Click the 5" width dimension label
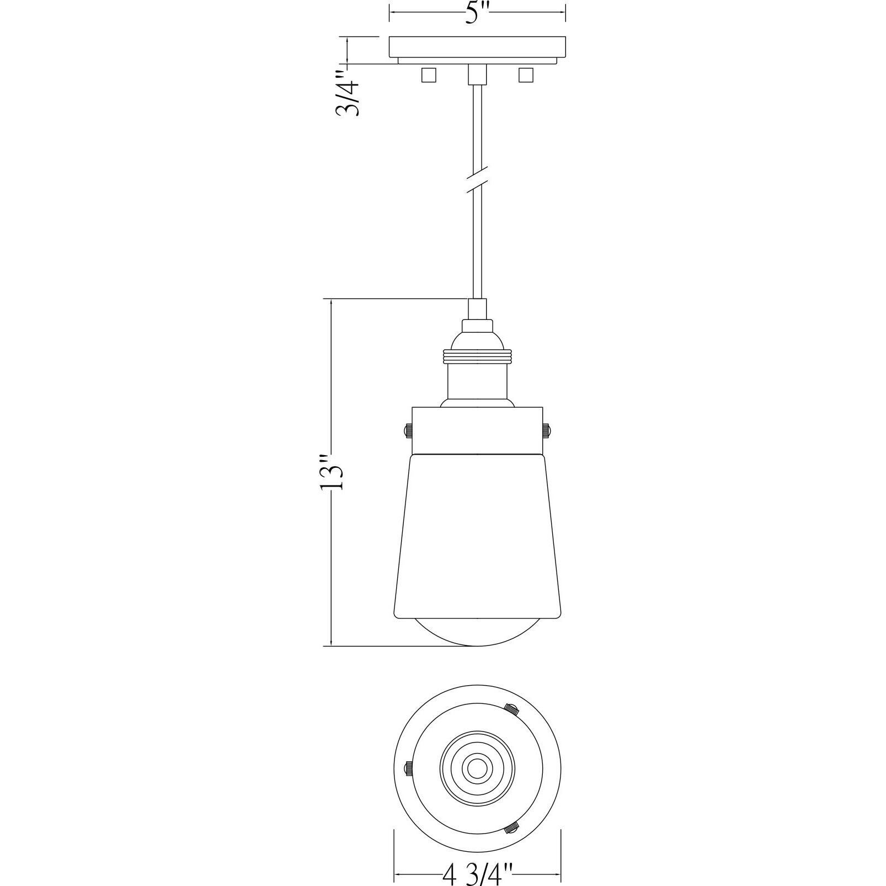tap(477, 12)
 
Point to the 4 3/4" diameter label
tap(478, 874)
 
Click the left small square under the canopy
tap(429, 75)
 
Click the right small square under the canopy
tap(526, 75)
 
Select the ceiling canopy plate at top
tap(477, 46)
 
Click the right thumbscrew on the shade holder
tap(547, 430)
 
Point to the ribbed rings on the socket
tap(477, 356)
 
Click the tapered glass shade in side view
tap(478, 535)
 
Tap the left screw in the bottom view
tap(409, 767)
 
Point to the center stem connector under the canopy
tap(478, 74)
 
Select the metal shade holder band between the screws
tap(478, 430)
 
